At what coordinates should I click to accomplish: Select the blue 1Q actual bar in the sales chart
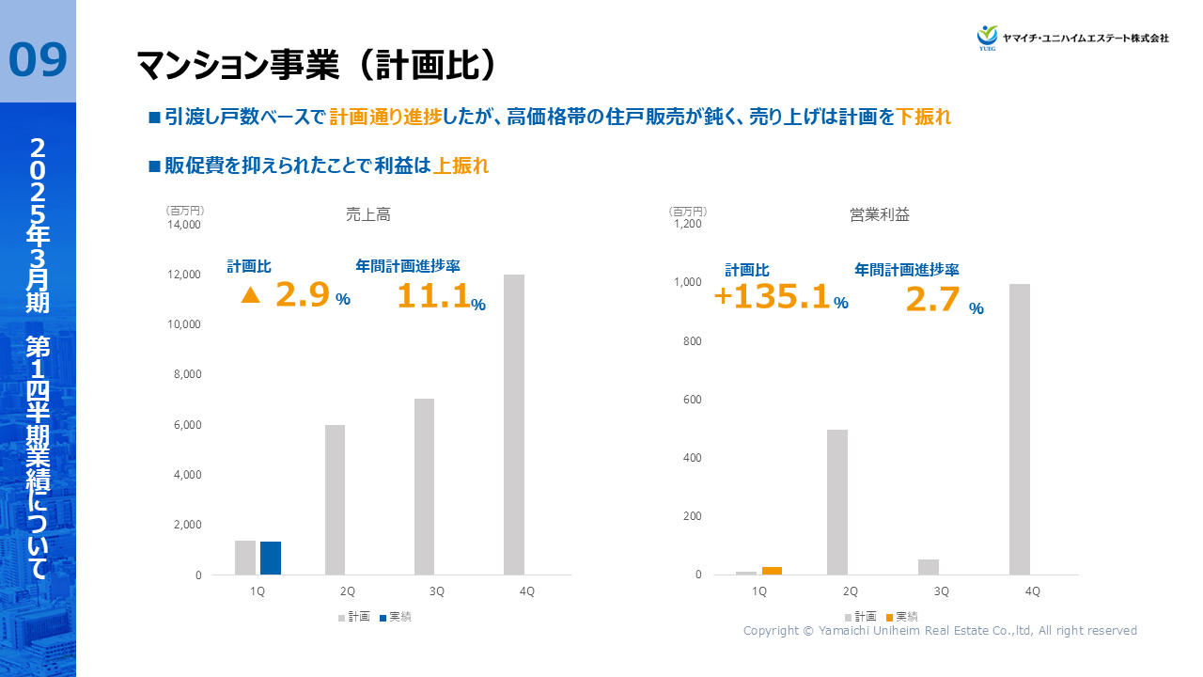pyautogui.click(x=271, y=558)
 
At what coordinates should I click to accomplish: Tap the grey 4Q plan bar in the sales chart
pyautogui.click(x=514, y=424)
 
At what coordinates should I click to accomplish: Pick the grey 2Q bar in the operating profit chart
pyautogui.click(x=837, y=502)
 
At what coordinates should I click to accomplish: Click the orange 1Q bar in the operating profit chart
pyautogui.click(x=772, y=570)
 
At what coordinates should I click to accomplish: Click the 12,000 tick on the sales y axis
pyautogui.click(x=185, y=275)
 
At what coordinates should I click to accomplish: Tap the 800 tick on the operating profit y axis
pyautogui.click(x=693, y=341)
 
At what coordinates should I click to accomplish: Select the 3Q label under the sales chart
pyautogui.click(x=437, y=591)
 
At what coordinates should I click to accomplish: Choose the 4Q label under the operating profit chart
pyautogui.click(x=1032, y=591)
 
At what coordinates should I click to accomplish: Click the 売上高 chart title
pyautogui.click(x=368, y=215)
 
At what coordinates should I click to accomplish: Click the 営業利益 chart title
pyautogui.click(x=880, y=215)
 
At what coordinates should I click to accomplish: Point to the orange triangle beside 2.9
pyautogui.click(x=250, y=295)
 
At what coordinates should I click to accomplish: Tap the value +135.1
pyautogui.click(x=773, y=297)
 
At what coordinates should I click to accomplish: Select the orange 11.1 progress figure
pyautogui.click(x=432, y=296)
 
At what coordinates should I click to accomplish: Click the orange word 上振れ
pyautogui.click(x=461, y=166)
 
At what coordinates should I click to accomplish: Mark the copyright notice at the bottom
pyautogui.click(x=940, y=631)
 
